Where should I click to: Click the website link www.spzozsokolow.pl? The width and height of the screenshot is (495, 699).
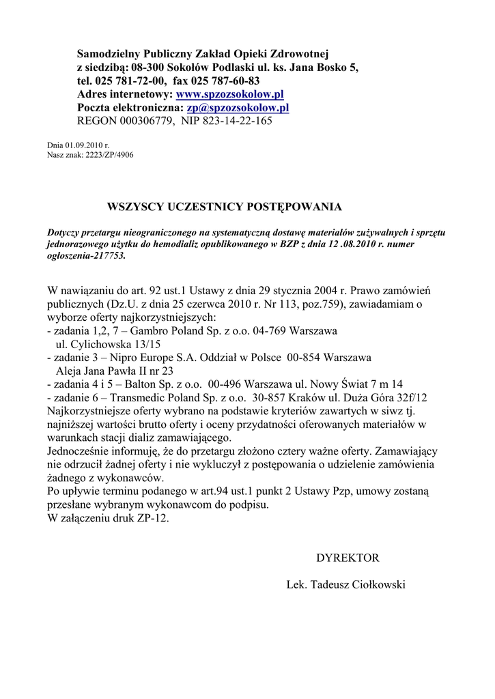point(230,94)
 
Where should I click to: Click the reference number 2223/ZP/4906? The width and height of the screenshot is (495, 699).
point(109,155)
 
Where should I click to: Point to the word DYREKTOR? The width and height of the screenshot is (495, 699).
point(347,558)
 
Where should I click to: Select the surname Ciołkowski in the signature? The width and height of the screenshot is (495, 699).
point(378,585)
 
